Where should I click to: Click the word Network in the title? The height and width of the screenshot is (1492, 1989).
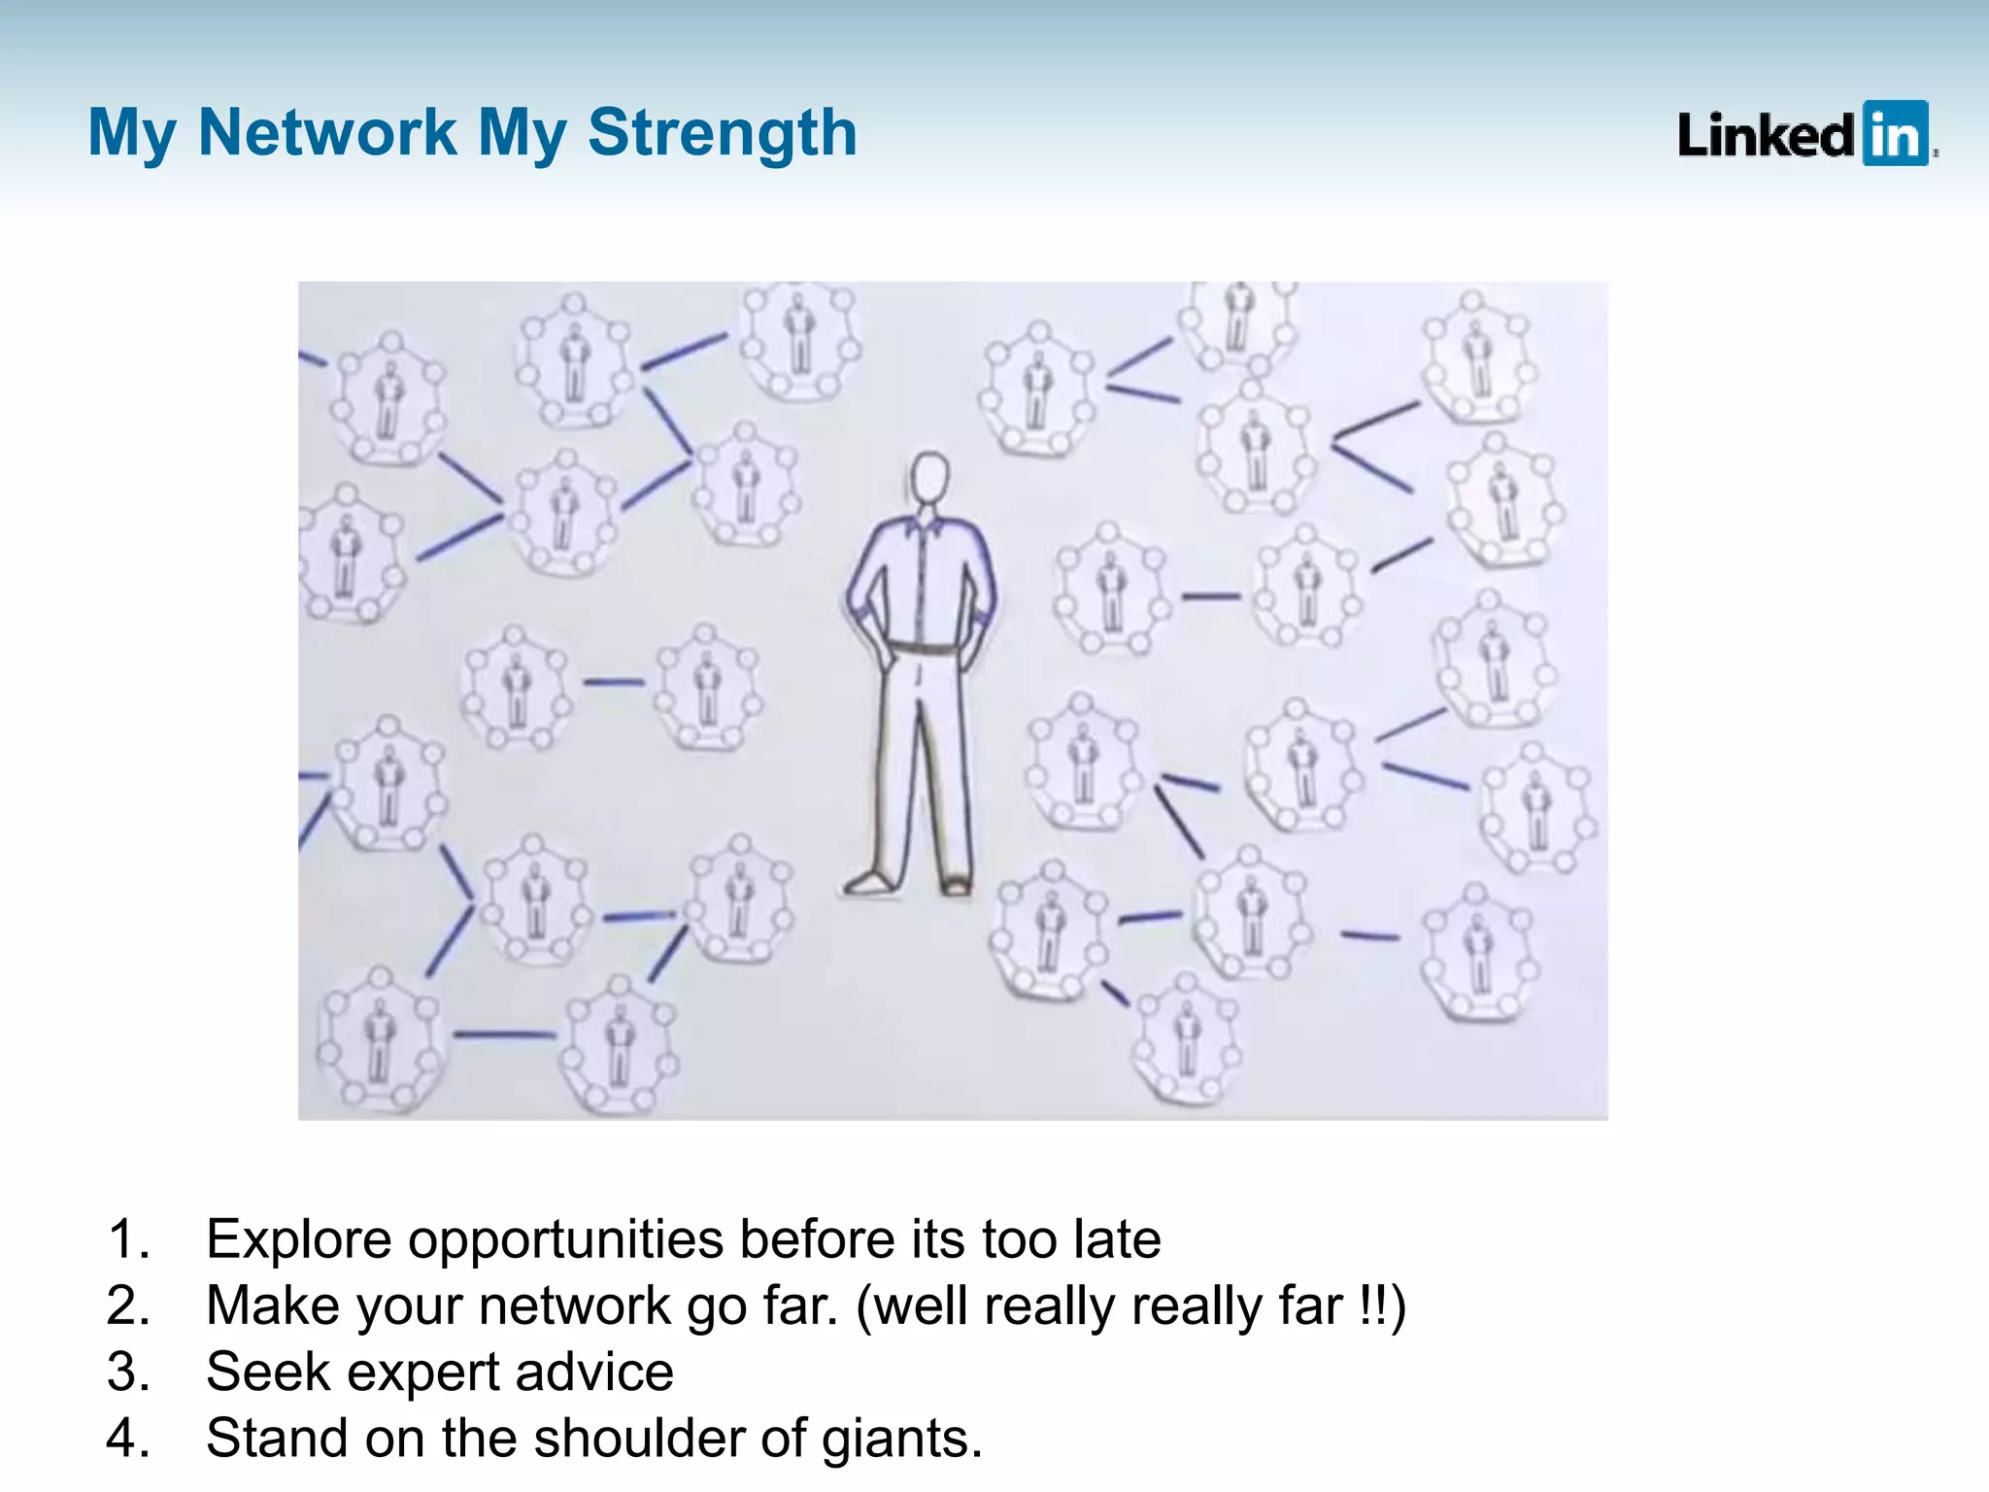326,132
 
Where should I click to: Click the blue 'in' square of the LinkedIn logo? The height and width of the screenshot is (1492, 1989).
1895,133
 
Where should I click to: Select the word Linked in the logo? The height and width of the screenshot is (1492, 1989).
1767,135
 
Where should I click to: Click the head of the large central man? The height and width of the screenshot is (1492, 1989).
929,476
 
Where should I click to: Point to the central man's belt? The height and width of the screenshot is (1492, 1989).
924,648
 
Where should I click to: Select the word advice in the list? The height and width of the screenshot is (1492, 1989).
594,1372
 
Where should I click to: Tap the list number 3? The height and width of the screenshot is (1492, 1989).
125,1372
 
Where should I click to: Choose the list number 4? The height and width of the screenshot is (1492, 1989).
125,1438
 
